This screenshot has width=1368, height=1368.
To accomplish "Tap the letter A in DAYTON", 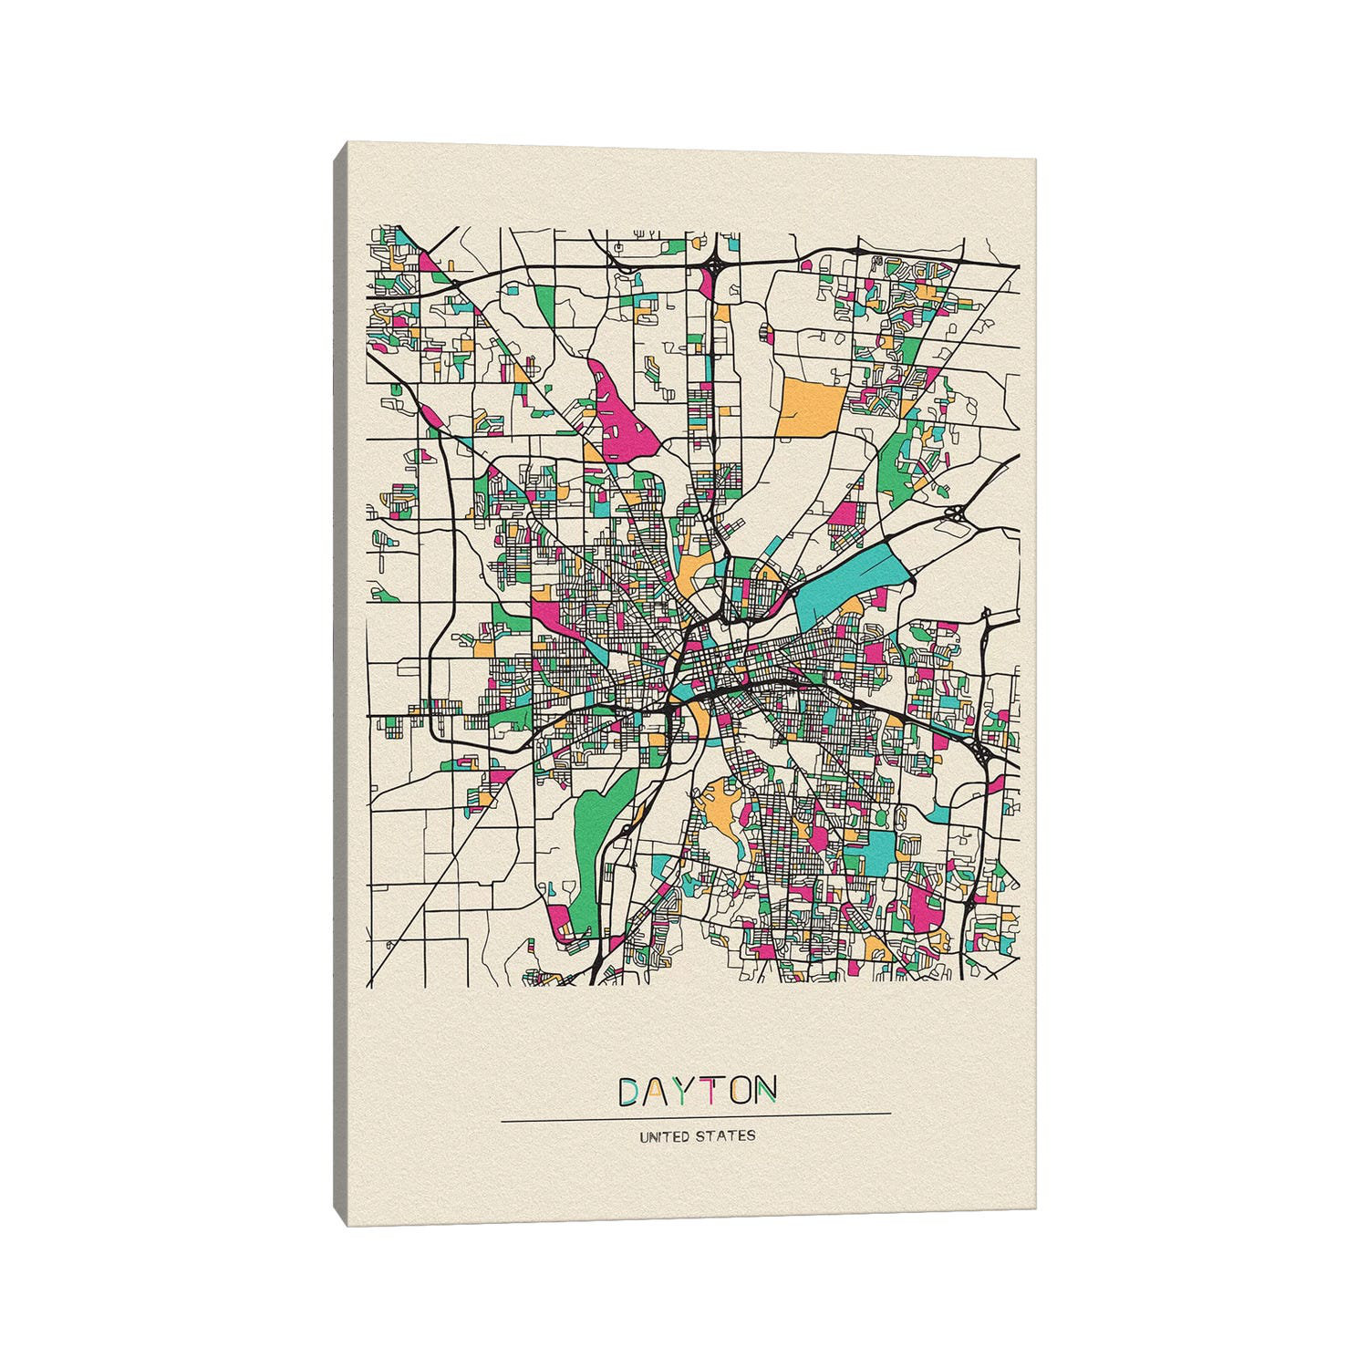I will (x=660, y=1091).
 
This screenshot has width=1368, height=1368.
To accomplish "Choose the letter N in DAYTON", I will (x=765, y=1091).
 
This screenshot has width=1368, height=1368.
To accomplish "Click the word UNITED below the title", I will (x=665, y=1137).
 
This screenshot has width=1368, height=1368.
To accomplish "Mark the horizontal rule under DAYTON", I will (x=696, y=1114).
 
